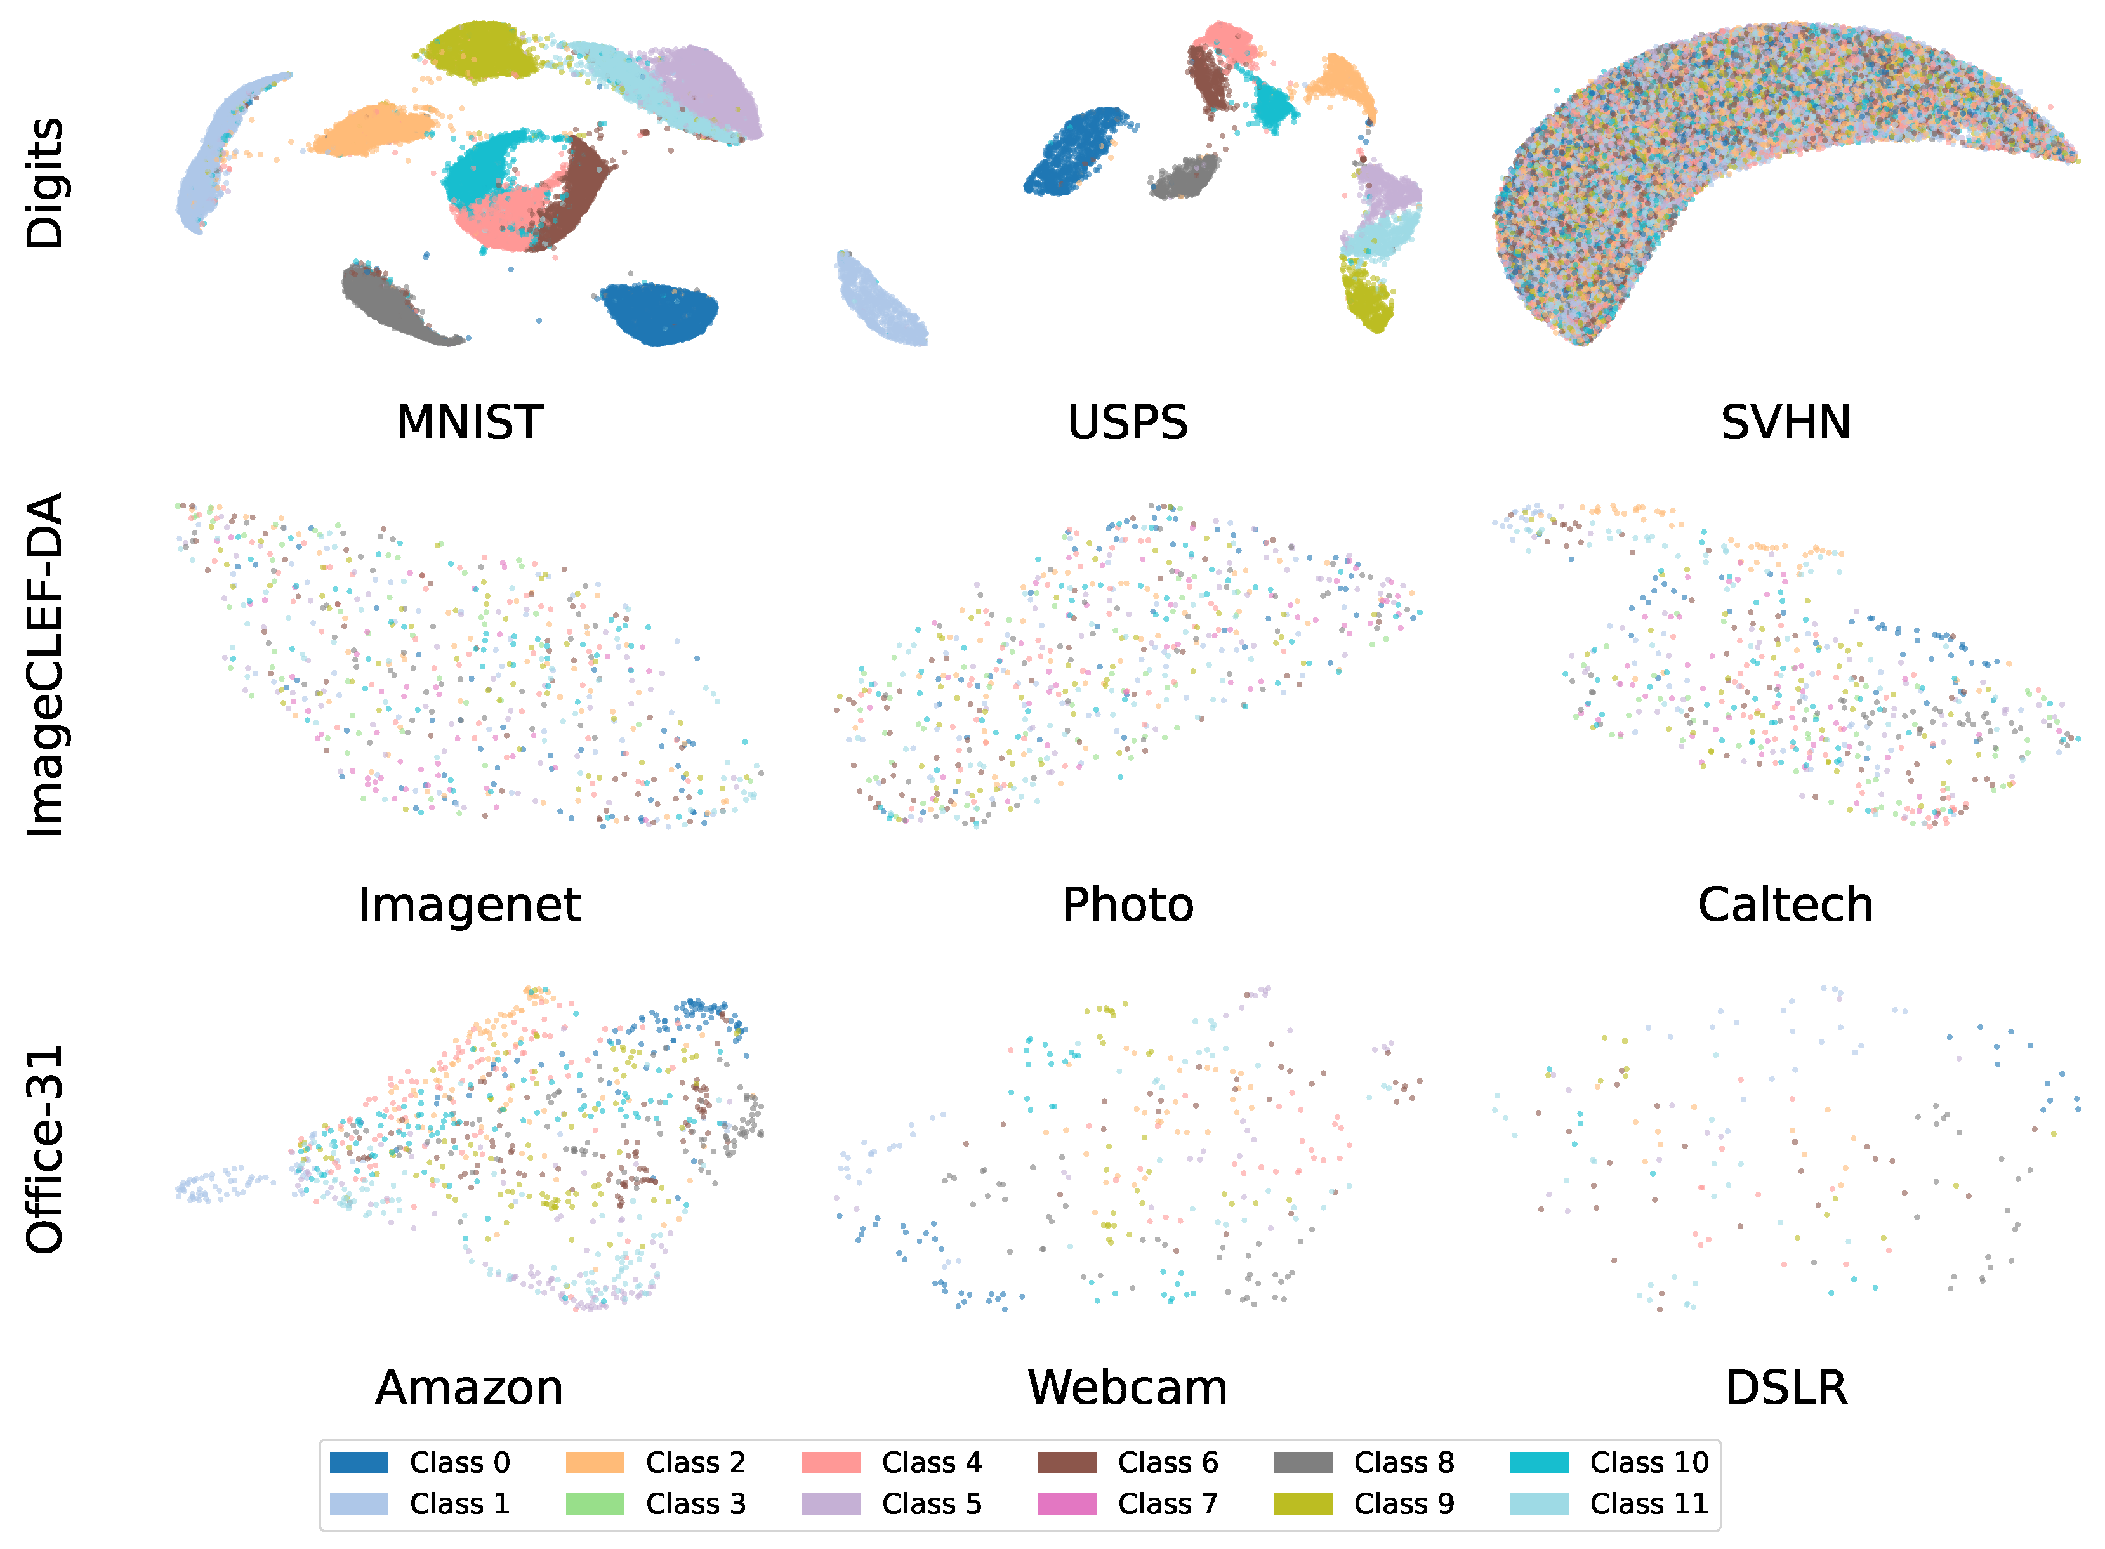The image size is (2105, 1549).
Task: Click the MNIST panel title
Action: [x=469, y=423]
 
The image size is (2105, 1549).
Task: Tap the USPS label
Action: [x=1127, y=423]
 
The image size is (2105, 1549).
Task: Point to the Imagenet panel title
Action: [x=469, y=905]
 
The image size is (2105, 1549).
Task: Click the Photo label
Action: [x=1127, y=905]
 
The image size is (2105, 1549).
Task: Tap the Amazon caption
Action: [x=469, y=1388]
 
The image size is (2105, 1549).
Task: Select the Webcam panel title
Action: [x=1127, y=1388]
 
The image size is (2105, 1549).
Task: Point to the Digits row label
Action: [x=44, y=183]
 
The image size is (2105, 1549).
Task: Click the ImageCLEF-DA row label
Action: [x=44, y=664]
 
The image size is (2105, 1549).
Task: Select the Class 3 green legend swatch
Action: [x=595, y=1504]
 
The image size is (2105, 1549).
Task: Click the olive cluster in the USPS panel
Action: [x=1369, y=300]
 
